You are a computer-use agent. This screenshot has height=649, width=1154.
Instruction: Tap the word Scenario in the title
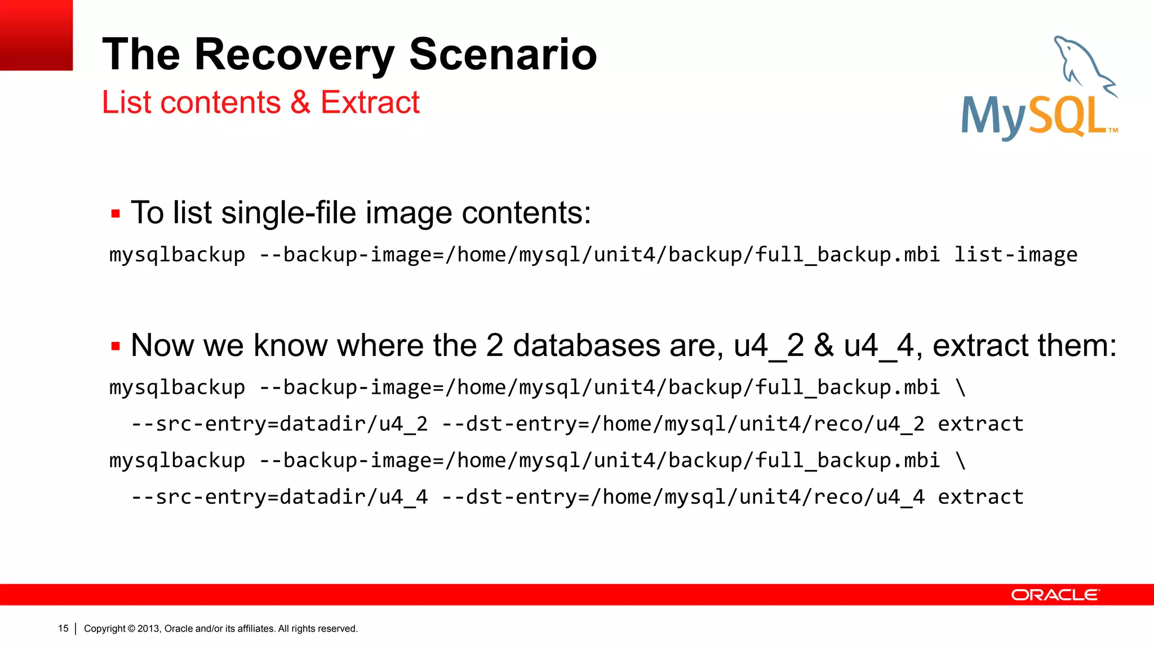click(x=503, y=55)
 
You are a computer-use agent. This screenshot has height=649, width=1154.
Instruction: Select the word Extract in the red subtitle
click(x=370, y=103)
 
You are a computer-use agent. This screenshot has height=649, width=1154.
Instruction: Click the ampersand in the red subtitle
click(x=300, y=103)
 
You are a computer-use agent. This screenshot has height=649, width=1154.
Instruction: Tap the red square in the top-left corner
click(x=36, y=35)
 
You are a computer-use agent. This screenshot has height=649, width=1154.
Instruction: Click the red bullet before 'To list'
click(x=116, y=214)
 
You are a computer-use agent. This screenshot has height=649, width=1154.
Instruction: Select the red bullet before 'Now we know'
click(x=116, y=346)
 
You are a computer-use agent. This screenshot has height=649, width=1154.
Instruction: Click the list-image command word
click(x=1015, y=255)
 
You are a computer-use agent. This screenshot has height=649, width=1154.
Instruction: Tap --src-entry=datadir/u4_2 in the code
click(x=279, y=424)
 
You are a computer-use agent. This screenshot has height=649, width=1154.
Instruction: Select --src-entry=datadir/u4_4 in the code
click(x=279, y=497)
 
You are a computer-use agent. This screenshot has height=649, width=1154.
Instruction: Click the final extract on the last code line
click(x=980, y=497)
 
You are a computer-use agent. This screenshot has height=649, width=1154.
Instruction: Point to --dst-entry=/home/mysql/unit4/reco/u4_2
click(x=683, y=424)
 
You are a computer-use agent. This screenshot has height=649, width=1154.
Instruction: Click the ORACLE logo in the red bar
click(x=1055, y=595)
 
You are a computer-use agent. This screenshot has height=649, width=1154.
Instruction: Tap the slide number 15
click(x=63, y=628)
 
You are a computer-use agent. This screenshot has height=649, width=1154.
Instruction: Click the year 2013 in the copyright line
click(x=149, y=629)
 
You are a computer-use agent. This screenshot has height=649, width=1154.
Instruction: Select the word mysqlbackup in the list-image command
click(x=177, y=255)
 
